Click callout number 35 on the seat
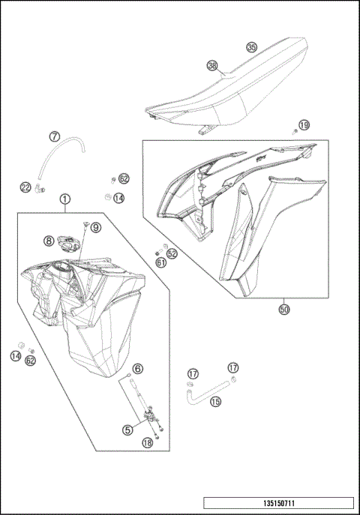coord(251,47)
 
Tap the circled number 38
coord(212,66)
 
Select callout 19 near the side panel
coord(304,124)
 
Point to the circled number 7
coord(55,136)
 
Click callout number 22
coord(25,187)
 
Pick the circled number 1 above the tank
coord(66,199)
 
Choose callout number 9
coord(96,226)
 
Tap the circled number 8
coord(48,241)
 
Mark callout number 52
coord(172,254)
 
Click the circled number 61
coord(161,262)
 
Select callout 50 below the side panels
coord(283,308)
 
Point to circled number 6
coord(137,370)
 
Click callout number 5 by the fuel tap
coord(127,429)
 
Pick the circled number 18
coord(147,443)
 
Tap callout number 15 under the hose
coord(215,402)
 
